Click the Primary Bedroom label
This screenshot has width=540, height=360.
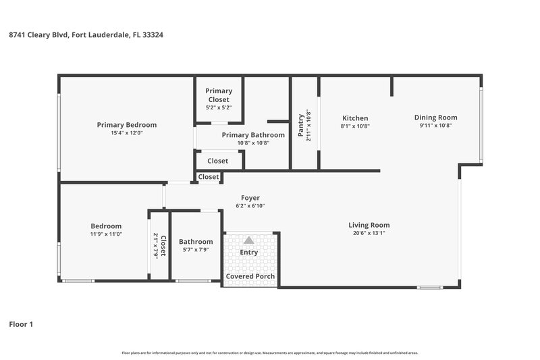126,124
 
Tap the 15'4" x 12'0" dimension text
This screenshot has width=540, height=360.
126,133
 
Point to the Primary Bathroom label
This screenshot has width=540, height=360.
253,134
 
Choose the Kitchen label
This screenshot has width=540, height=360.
355,118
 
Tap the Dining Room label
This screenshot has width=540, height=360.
435,117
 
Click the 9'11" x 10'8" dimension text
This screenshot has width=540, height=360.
435,125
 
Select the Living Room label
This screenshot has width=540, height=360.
369,225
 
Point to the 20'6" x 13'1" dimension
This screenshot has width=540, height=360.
369,233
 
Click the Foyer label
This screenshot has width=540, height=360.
250,198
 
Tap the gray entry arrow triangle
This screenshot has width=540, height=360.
249,240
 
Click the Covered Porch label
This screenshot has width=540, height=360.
250,276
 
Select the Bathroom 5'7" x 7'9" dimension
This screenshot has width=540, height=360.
196,249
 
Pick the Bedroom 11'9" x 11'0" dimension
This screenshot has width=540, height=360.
106,234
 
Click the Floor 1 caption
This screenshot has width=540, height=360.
21,324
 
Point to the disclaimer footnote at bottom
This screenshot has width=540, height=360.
270,353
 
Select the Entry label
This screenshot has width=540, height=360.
249,253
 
